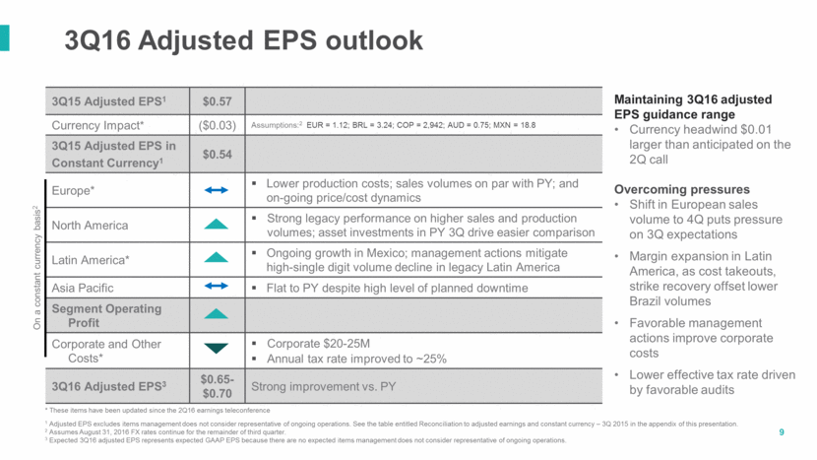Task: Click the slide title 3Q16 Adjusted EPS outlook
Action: coord(243,40)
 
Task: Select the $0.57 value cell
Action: coord(218,100)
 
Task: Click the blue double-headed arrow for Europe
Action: coord(218,190)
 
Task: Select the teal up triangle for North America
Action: coord(218,226)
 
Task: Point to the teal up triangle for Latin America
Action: coord(218,258)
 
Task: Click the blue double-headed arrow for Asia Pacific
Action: coord(218,289)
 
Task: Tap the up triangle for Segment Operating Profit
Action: coord(218,314)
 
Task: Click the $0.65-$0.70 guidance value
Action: coord(218,386)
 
